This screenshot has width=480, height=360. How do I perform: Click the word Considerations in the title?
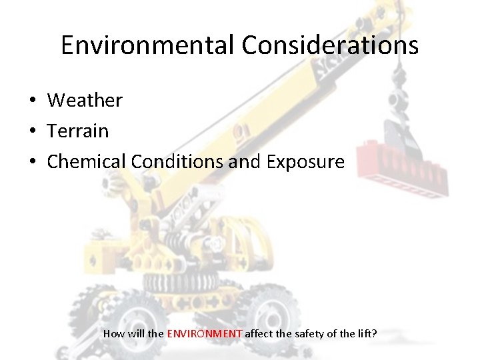click(330, 45)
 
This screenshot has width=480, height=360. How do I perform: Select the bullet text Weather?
click(85, 101)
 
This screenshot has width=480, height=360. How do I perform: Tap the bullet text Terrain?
click(77, 131)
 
